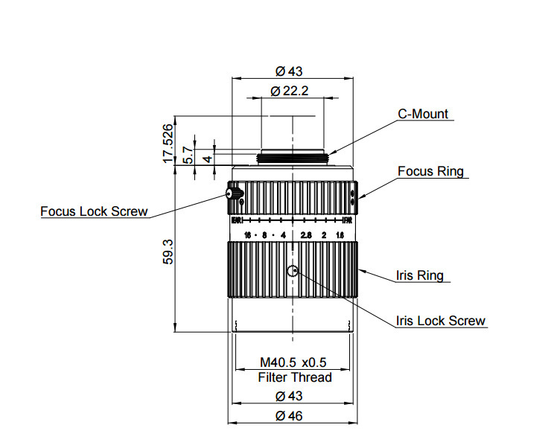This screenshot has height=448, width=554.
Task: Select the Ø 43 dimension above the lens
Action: (x=290, y=71)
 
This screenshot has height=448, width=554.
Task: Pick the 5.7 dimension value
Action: (x=189, y=154)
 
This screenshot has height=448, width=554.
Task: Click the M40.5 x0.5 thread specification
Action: (x=293, y=362)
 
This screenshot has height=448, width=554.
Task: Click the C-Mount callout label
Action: (x=423, y=114)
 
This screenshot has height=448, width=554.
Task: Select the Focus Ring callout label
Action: (x=430, y=171)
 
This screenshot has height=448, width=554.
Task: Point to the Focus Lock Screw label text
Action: (x=94, y=211)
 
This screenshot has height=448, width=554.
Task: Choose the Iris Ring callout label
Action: (x=419, y=275)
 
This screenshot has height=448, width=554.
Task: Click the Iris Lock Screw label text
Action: (x=441, y=321)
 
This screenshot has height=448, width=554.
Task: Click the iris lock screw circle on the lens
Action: (x=293, y=271)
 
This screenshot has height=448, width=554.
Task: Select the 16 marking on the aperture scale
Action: (x=246, y=235)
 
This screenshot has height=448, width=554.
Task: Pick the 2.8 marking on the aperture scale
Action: (x=305, y=235)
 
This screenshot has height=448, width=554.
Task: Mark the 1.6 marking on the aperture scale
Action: (x=340, y=235)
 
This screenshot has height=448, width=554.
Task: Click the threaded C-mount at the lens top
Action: (x=293, y=158)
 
